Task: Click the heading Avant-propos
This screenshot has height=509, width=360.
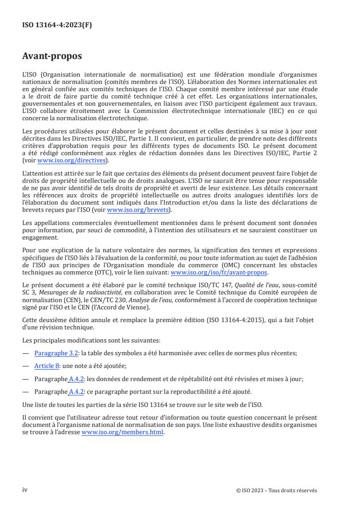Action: [52, 57]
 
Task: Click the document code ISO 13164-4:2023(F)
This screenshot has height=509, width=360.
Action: [57, 25]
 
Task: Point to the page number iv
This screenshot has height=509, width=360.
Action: [25, 490]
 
